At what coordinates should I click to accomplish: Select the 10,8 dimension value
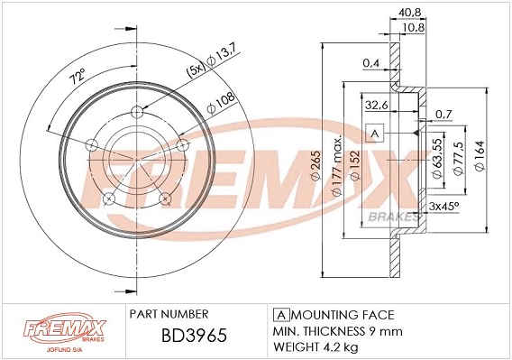click(x=413, y=28)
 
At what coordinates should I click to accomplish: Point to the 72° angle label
click(x=77, y=78)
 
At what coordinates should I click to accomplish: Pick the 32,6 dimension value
click(x=376, y=105)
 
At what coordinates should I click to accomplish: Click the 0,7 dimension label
click(x=442, y=114)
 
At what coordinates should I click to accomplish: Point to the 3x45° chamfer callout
click(x=443, y=208)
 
